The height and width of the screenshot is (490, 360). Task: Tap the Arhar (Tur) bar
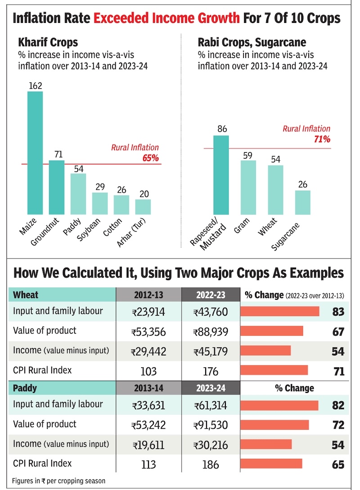[143, 207]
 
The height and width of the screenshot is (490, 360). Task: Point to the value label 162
[35, 85]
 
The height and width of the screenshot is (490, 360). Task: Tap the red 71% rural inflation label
[322, 139]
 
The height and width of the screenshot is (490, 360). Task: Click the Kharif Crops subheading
[48, 43]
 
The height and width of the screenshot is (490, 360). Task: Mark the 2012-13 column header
[148, 295]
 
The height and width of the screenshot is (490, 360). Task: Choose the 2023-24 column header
[211, 388]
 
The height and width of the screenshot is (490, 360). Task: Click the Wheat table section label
[26, 295]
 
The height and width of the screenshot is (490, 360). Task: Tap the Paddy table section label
[25, 387]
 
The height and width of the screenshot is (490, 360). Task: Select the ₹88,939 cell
[211, 332]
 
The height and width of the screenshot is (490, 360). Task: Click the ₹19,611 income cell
[148, 445]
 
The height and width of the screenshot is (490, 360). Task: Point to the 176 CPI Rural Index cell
[211, 371]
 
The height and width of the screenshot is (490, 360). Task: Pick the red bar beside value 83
[280, 311]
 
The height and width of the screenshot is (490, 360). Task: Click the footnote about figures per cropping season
[59, 481]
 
